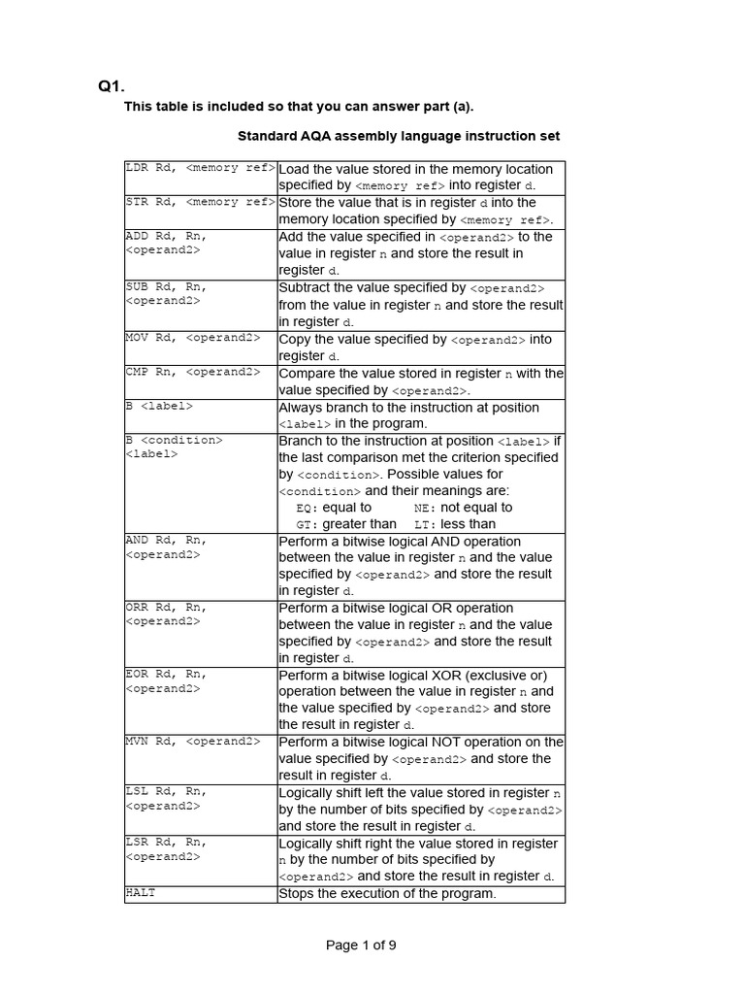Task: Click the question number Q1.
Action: (x=112, y=86)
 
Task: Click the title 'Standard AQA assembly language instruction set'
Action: (x=399, y=136)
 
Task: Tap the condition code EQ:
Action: (x=308, y=508)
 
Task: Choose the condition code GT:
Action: (x=308, y=524)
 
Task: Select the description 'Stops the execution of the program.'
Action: (x=387, y=893)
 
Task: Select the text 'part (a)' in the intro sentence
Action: (x=447, y=106)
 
